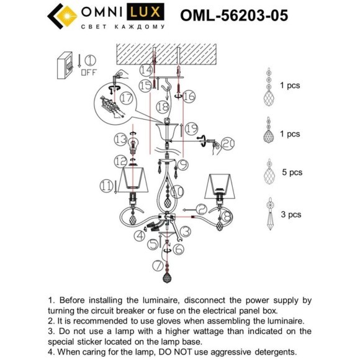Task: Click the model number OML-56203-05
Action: [x=233, y=16]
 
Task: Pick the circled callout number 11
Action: [x=107, y=185]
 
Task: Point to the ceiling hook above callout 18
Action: [x=164, y=89]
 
